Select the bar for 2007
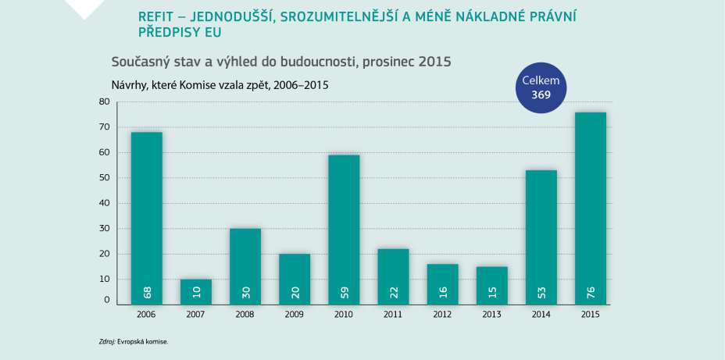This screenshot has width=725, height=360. [x=195, y=290]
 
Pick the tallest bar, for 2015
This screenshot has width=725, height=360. [x=590, y=207]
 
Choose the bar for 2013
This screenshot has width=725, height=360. [x=491, y=284]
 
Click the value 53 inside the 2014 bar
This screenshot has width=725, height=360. [x=541, y=293]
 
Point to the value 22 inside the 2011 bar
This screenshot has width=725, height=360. [x=394, y=293]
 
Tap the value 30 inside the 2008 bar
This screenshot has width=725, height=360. [x=245, y=293]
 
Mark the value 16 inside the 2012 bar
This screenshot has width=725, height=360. [x=443, y=293]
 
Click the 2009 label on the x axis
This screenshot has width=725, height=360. [x=295, y=314]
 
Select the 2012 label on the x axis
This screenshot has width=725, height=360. [x=443, y=314]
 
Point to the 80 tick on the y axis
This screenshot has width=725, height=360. [x=105, y=102]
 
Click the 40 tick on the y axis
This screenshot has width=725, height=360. [x=105, y=203]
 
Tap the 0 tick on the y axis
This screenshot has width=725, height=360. [x=107, y=301]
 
